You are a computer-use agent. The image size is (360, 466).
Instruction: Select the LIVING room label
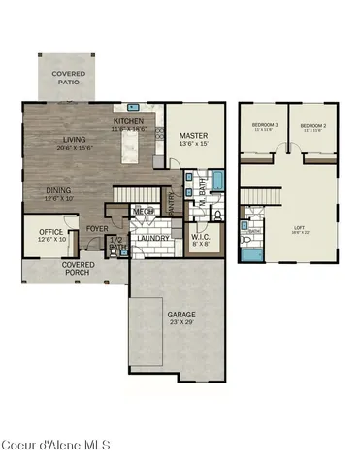click(x=67, y=140)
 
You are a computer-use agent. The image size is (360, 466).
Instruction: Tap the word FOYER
click(x=97, y=229)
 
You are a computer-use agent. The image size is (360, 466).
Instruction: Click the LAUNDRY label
click(x=153, y=239)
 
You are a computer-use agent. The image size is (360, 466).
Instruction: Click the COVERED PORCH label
click(x=78, y=268)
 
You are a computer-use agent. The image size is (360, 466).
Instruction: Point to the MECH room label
click(x=145, y=211)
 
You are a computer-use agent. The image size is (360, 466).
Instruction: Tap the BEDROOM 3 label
click(x=265, y=126)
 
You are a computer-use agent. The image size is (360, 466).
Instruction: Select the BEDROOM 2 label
click(x=311, y=126)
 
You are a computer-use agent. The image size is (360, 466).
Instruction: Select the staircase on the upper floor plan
click(x=255, y=203)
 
